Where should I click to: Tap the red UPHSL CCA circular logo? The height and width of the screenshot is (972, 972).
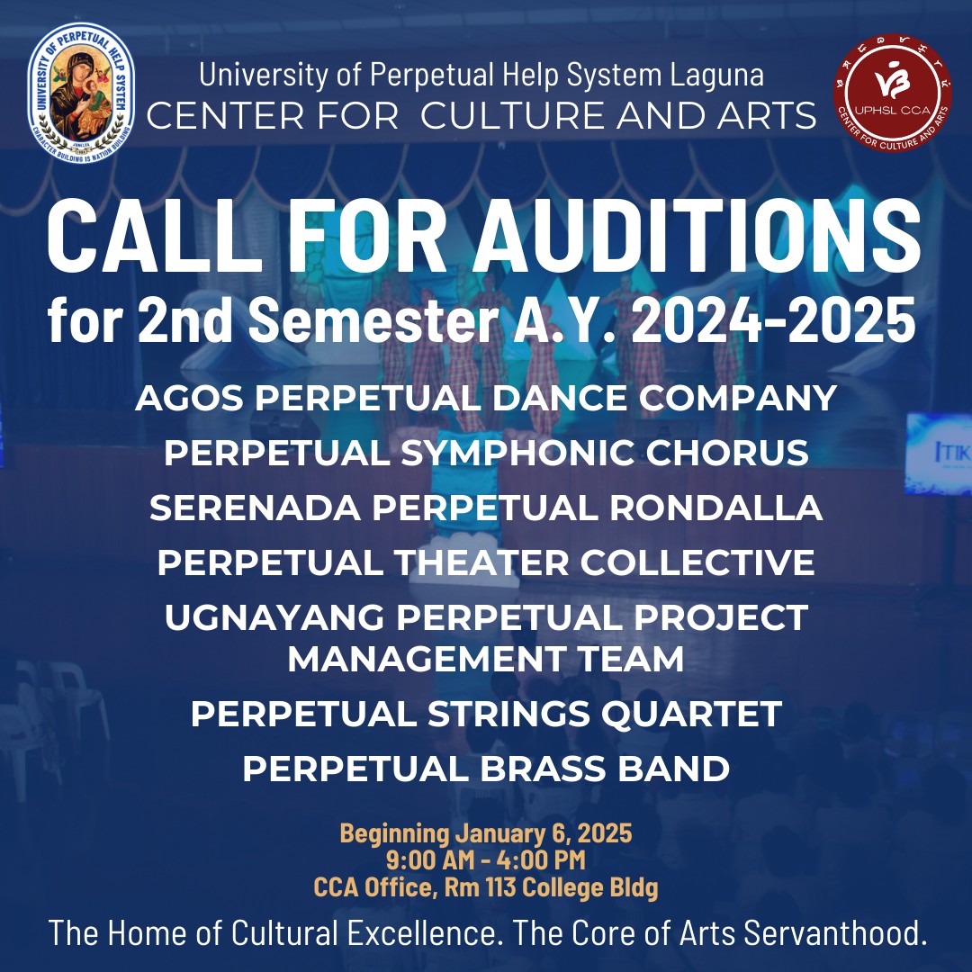point(892,93)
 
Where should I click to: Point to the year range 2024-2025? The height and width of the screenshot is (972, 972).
point(773,321)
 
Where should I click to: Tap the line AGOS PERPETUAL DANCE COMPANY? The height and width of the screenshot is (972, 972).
point(486,398)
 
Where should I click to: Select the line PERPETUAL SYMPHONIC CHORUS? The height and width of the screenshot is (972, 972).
point(486,454)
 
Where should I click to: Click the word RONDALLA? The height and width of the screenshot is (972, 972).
point(716,508)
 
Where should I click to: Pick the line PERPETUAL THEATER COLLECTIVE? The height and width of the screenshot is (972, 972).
point(486,563)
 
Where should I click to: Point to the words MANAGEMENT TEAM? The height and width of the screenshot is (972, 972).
point(486,660)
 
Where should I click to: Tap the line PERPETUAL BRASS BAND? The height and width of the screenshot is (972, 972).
point(486,769)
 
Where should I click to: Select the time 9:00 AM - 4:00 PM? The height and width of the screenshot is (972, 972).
point(486,860)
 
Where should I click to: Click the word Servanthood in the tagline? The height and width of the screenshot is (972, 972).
point(835,933)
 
